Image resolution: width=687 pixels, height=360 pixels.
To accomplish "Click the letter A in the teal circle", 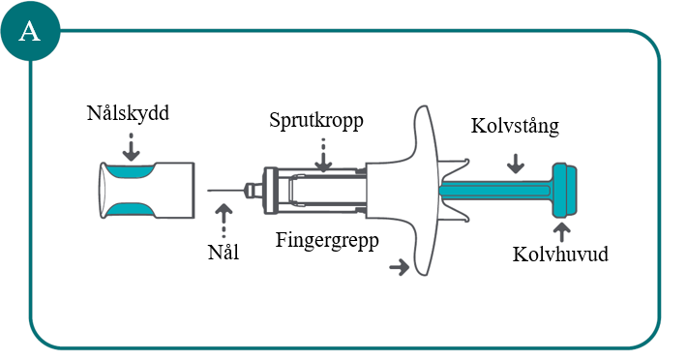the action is (30, 32).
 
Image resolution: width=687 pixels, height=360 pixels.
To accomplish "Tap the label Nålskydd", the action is (128, 113).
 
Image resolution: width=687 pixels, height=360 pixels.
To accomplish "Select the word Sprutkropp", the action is (316, 120).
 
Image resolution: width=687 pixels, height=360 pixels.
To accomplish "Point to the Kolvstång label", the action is (515, 126).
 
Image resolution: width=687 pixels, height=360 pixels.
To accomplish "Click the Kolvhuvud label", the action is (560, 254).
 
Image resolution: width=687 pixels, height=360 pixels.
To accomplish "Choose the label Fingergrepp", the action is (327, 240).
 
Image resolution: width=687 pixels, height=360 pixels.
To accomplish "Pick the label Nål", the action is (224, 253).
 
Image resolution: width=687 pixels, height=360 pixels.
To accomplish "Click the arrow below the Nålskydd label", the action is (131, 147).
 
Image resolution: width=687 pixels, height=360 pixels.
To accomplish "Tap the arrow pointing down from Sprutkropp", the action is (323, 155).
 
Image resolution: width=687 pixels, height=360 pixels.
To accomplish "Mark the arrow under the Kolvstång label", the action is (516, 164).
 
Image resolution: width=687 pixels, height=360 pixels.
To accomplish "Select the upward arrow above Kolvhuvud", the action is (561, 232).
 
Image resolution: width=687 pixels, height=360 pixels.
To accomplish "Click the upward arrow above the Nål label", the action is (224, 221).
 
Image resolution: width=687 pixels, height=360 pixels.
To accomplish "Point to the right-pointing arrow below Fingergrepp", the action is (400, 266).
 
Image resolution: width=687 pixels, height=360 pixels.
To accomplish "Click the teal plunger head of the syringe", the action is (564, 190).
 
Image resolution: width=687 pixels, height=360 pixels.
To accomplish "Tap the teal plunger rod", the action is (495, 190).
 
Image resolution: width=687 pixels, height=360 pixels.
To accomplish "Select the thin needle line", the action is (226, 191).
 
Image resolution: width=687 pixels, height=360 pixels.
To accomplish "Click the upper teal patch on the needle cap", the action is (130, 170).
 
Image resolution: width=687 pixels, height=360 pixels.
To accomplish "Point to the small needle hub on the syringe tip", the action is (254, 190).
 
